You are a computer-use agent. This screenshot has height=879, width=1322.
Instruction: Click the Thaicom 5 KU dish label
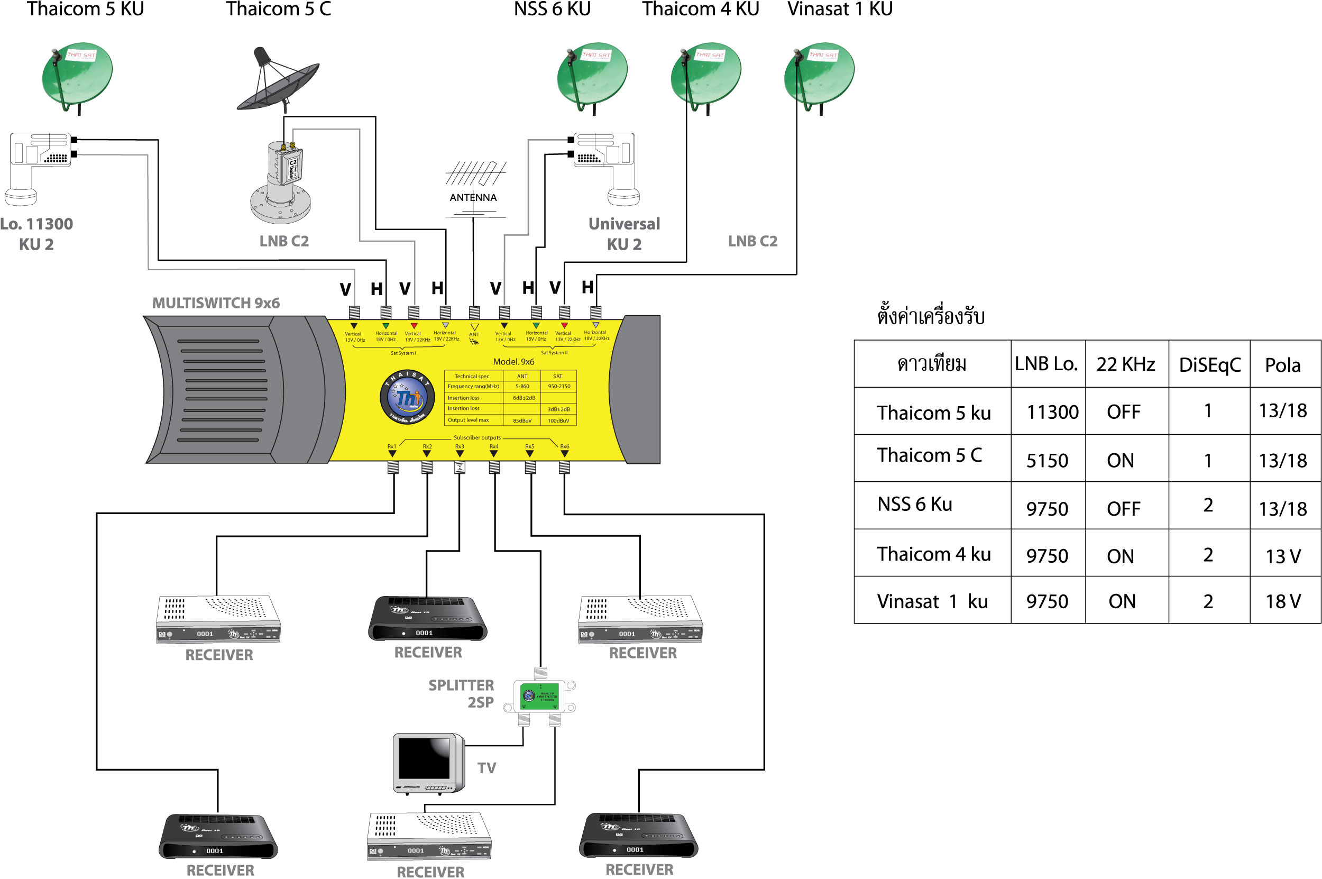tap(85, 9)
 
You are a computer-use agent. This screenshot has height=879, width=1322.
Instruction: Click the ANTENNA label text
tap(473, 197)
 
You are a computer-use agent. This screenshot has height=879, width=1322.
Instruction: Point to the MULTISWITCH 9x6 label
tap(216, 303)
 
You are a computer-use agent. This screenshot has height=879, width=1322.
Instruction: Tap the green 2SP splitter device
tap(539, 695)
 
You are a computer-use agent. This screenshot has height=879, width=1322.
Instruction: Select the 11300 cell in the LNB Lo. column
tap(1052, 412)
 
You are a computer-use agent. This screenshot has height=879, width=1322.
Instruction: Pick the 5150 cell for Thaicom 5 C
tap(1047, 460)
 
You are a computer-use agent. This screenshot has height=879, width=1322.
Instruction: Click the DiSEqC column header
tap(1209, 365)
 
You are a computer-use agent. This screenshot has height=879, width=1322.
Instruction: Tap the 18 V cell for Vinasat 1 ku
tap(1283, 601)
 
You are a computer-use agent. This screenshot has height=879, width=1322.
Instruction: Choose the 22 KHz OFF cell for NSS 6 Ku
tap(1123, 508)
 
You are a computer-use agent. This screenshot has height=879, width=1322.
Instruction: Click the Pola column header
tap(1283, 365)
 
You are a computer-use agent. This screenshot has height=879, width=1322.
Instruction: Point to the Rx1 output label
tap(392, 446)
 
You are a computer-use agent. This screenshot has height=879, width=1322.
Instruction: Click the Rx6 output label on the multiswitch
tap(564, 446)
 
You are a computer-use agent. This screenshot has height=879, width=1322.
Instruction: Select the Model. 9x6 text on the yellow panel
tap(513, 362)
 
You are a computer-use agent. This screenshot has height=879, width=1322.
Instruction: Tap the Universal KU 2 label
tap(624, 234)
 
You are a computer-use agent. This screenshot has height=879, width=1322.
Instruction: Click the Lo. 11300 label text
tap(36, 224)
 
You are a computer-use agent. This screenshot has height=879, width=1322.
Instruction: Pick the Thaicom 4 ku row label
tap(934, 554)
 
